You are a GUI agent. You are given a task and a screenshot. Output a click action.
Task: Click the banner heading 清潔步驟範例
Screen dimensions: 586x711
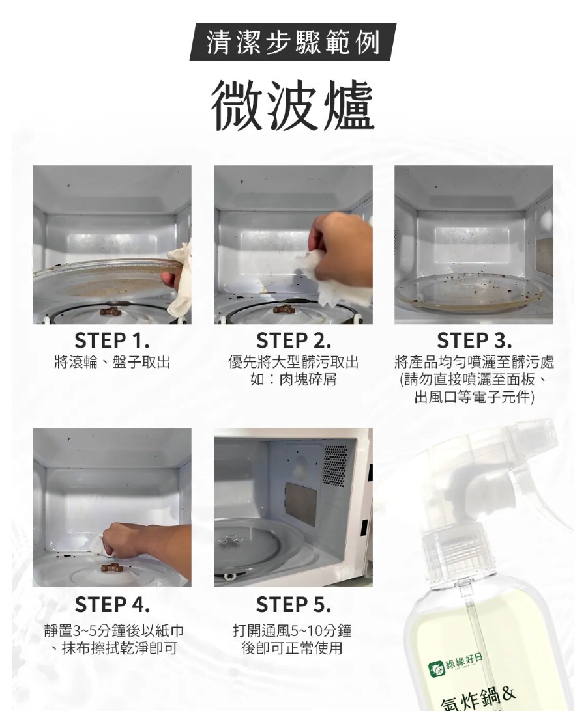pos(293,42)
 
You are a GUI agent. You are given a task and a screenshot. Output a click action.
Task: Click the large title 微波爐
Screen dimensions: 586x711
pos(293,105)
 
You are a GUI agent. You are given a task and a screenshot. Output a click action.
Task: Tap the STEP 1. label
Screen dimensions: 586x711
pos(111,340)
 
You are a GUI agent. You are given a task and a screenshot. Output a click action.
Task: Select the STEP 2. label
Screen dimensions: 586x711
pos(293,340)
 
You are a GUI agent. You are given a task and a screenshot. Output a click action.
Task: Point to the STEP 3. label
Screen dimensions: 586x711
pos(474,340)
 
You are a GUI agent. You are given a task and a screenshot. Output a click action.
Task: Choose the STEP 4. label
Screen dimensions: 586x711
pos(111,604)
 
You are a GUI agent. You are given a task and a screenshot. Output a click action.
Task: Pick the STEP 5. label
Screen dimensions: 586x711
pos(293,604)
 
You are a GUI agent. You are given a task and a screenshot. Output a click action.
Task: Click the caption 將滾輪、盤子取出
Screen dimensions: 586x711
pos(111,362)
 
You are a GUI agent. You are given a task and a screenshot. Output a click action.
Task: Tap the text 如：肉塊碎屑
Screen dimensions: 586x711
pos(293,380)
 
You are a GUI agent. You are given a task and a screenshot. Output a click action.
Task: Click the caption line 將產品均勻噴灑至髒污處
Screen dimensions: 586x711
pos(474,362)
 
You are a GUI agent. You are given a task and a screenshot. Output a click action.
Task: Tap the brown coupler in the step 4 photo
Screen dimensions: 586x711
pos(111,566)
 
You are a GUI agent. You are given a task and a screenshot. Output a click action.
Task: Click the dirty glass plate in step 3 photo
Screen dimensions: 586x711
pos(470,292)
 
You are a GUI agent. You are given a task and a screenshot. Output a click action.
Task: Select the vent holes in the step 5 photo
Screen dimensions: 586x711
pos(334,466)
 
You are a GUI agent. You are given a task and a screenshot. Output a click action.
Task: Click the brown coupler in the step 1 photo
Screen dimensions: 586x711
pos(111,311)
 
